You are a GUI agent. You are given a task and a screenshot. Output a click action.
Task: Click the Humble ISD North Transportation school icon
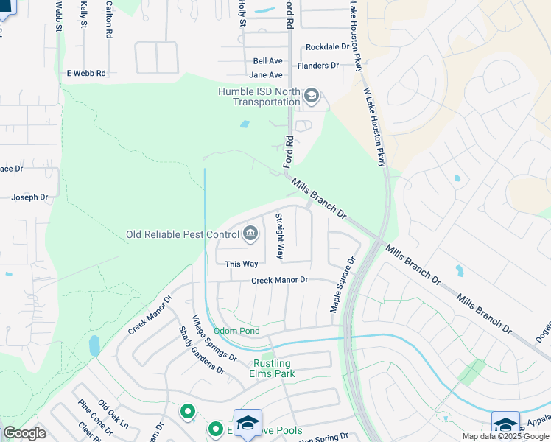(312, 97)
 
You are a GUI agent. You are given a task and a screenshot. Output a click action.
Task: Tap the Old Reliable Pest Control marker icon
(250, 234)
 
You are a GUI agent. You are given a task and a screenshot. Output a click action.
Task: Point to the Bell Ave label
(268, 61)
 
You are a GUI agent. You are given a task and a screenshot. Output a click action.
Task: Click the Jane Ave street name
(266, 75)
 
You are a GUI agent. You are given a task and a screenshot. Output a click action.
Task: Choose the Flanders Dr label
(318, 66)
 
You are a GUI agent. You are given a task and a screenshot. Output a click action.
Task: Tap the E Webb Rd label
(86, 73)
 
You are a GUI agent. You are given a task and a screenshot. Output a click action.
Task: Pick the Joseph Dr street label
(29, 197)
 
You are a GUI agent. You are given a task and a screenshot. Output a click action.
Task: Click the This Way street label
(242, 264)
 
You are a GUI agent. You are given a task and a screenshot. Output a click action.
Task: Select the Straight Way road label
(279, 236)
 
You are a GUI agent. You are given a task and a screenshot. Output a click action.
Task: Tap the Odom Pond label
(236, 331)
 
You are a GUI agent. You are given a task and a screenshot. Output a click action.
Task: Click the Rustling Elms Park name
(272, 369)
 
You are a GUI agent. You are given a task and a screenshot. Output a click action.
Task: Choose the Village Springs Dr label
(214, 338)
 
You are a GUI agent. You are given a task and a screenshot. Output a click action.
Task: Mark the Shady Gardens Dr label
(201, 351)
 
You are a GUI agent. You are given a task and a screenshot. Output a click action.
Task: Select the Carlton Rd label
(109, 19)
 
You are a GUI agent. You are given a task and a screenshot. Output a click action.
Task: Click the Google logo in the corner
(24, 433)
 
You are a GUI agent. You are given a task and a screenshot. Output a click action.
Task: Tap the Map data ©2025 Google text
(505, 436)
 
